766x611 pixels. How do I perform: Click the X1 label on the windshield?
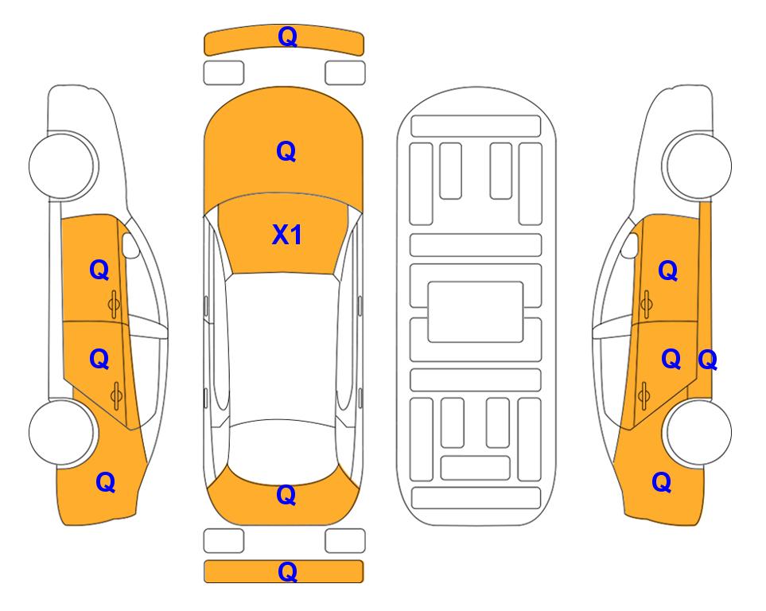287,235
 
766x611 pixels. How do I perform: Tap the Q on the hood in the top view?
286,151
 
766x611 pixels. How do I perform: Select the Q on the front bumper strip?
287,37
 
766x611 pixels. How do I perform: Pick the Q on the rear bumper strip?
287,571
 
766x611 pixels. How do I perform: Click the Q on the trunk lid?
286,495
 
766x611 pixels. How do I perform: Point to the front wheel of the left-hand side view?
62,165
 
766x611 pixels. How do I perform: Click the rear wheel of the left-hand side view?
62,432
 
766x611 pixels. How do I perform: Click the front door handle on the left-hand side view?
115,304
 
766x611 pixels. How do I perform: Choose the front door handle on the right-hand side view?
647,304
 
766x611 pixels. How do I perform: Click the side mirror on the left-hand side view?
130,245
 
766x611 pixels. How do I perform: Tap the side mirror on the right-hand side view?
630,245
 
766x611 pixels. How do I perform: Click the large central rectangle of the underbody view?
476,312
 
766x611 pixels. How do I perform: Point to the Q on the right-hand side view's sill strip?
707,360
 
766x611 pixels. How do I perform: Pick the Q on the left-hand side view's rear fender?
106,482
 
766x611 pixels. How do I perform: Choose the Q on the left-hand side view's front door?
99,270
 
